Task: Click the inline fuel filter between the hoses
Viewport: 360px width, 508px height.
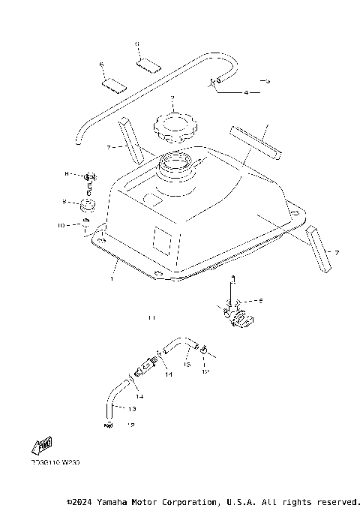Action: pyautogui.click(x=145, y=367)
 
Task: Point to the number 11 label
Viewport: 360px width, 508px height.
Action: pyautogui.click(x=151, y=318)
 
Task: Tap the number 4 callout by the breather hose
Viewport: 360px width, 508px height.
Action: pyautogui.click(x=245, y=93)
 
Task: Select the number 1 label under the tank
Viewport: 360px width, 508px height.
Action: pyautogui.click(x=111, y=278)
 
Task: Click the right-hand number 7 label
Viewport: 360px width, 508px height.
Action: pyautogui.click(x=336, y=252)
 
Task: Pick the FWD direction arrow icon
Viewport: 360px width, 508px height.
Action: pyautogui.click(x=44, y=446)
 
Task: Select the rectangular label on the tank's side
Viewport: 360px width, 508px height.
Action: pyautogui.click(x=163, y=239)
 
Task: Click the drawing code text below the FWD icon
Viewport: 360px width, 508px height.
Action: pyautogui.click(x=55, y=463)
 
